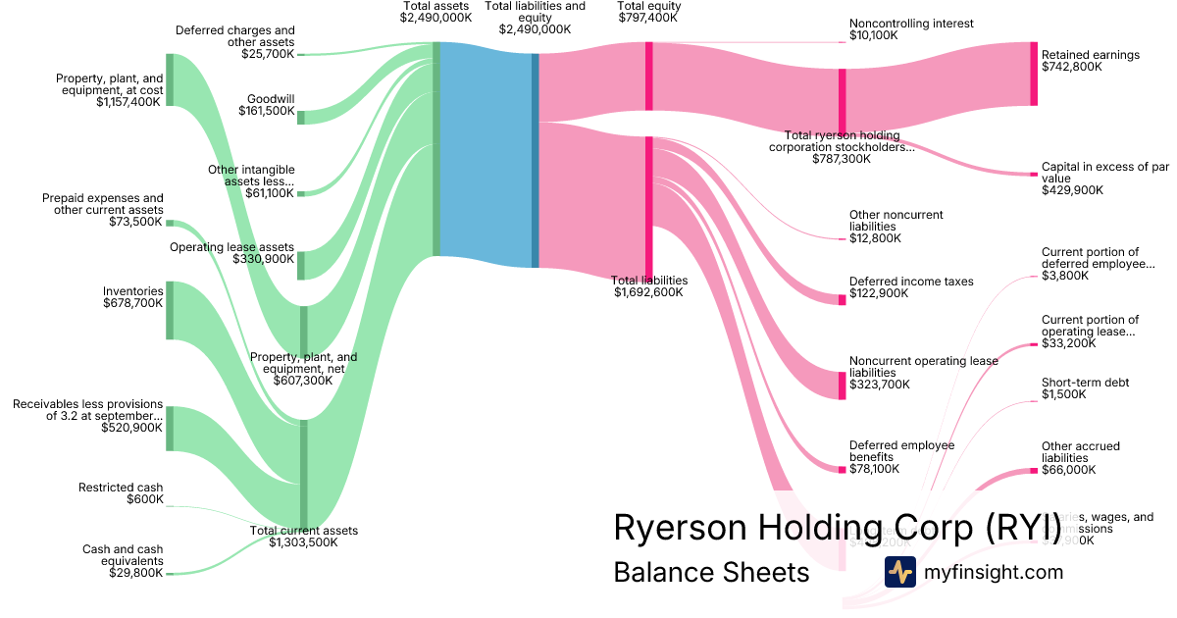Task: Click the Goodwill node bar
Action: click(301, 118)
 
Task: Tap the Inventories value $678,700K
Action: click(132, 304)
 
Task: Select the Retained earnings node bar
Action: click(1034, 74)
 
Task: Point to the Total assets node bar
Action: click(436, 150)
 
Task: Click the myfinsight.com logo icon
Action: click(899, 572)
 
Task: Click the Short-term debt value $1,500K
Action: click(1064, 394)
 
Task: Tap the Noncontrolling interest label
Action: click(911, 24)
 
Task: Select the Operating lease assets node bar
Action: click(301, 265)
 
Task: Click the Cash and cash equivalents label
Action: click(123, 555)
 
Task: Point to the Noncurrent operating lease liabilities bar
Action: click(842, 385)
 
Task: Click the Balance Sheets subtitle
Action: click(711, 572)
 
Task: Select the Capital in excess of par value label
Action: click(1104, 173)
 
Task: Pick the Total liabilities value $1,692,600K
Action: click(648, 292)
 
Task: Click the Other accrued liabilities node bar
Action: click(1034, 471)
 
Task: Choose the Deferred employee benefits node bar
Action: click(842, 469)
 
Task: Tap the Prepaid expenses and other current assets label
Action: click(103, 204)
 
